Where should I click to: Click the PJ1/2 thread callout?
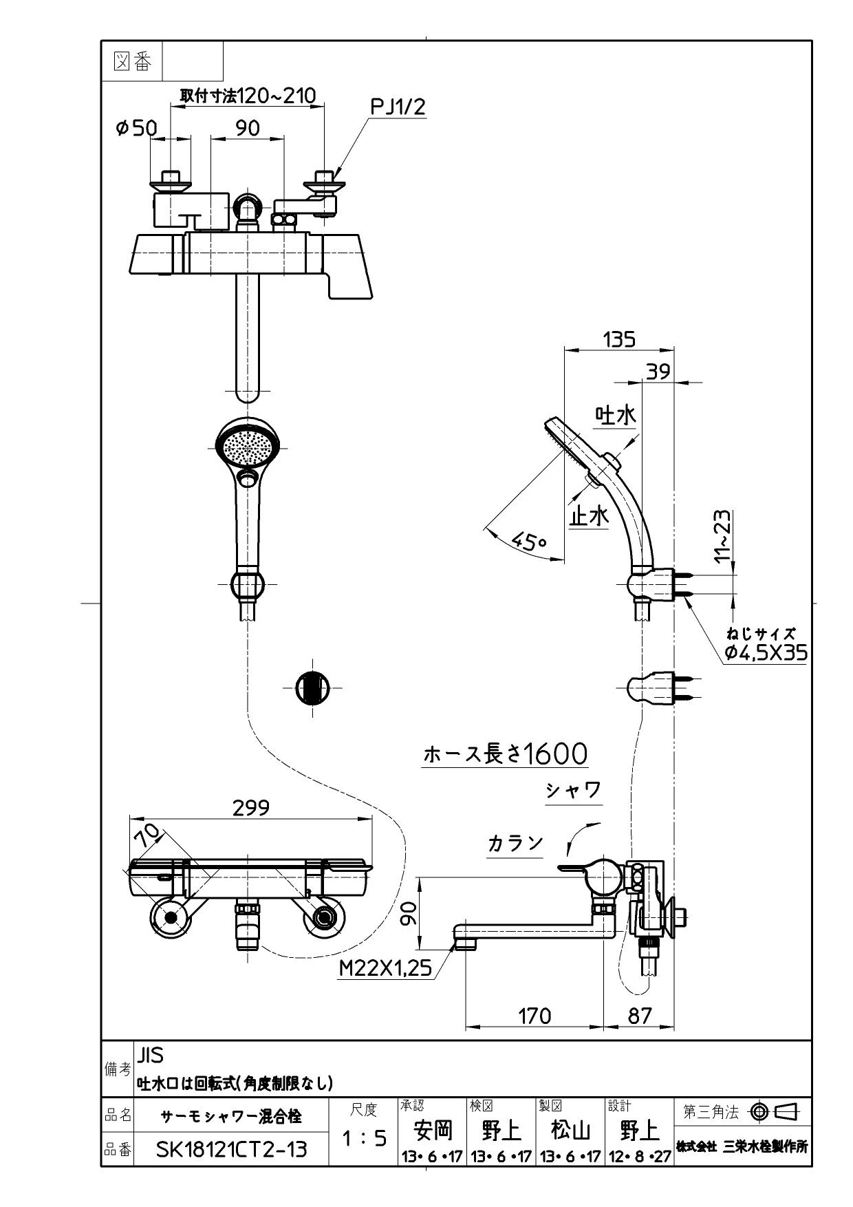point(398,107)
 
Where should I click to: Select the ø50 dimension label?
point(136,128)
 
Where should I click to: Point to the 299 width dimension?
point(251,807)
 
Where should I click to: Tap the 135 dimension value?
point(619,339)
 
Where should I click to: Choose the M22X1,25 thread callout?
point(386,968)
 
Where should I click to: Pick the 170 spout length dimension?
point(535,1015)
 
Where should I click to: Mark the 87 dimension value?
point(640,1015)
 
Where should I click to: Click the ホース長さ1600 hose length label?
point(506,754)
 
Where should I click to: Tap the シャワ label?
point(574,790)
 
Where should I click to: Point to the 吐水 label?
point(616,415)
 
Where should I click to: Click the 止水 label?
point(589,515)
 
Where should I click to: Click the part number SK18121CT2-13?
point(231,1149)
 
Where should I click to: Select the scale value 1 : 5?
point(364,1138)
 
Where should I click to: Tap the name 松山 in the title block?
point(571,1131)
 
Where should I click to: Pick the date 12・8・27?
point(640,1157)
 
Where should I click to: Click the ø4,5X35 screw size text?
point(766,652)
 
